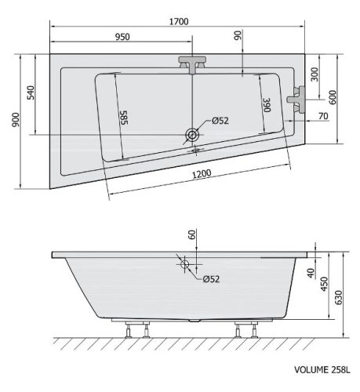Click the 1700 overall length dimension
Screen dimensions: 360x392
point(179,21)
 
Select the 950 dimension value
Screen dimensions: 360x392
point(122,37)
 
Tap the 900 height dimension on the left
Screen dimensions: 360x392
point(16,120)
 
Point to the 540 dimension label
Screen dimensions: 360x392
point(31,93)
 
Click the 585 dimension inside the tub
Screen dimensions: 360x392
point(124,118)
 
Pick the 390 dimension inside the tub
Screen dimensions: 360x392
point(267,105)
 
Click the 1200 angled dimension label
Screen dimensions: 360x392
point(202,174)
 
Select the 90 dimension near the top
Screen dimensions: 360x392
point(238,35)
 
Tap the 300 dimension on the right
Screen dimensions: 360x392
point(315,74)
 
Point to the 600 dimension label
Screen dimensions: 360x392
point(333,97)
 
